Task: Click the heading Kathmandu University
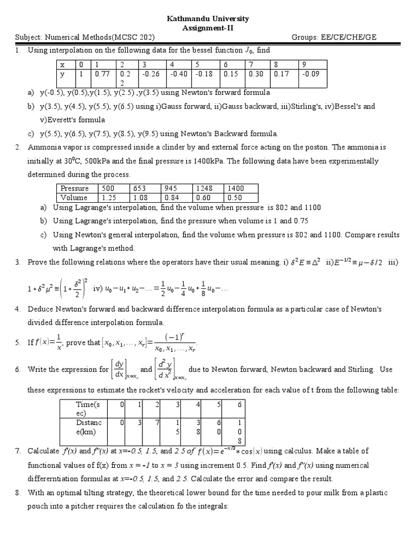coord(207,18)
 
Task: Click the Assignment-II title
coord(207,28)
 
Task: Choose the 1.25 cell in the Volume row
coord(109,197)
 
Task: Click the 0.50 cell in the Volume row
coord(236,197)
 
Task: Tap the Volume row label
coord(74,197)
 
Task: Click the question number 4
coord(17,309)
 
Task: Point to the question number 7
coord(17,451)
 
